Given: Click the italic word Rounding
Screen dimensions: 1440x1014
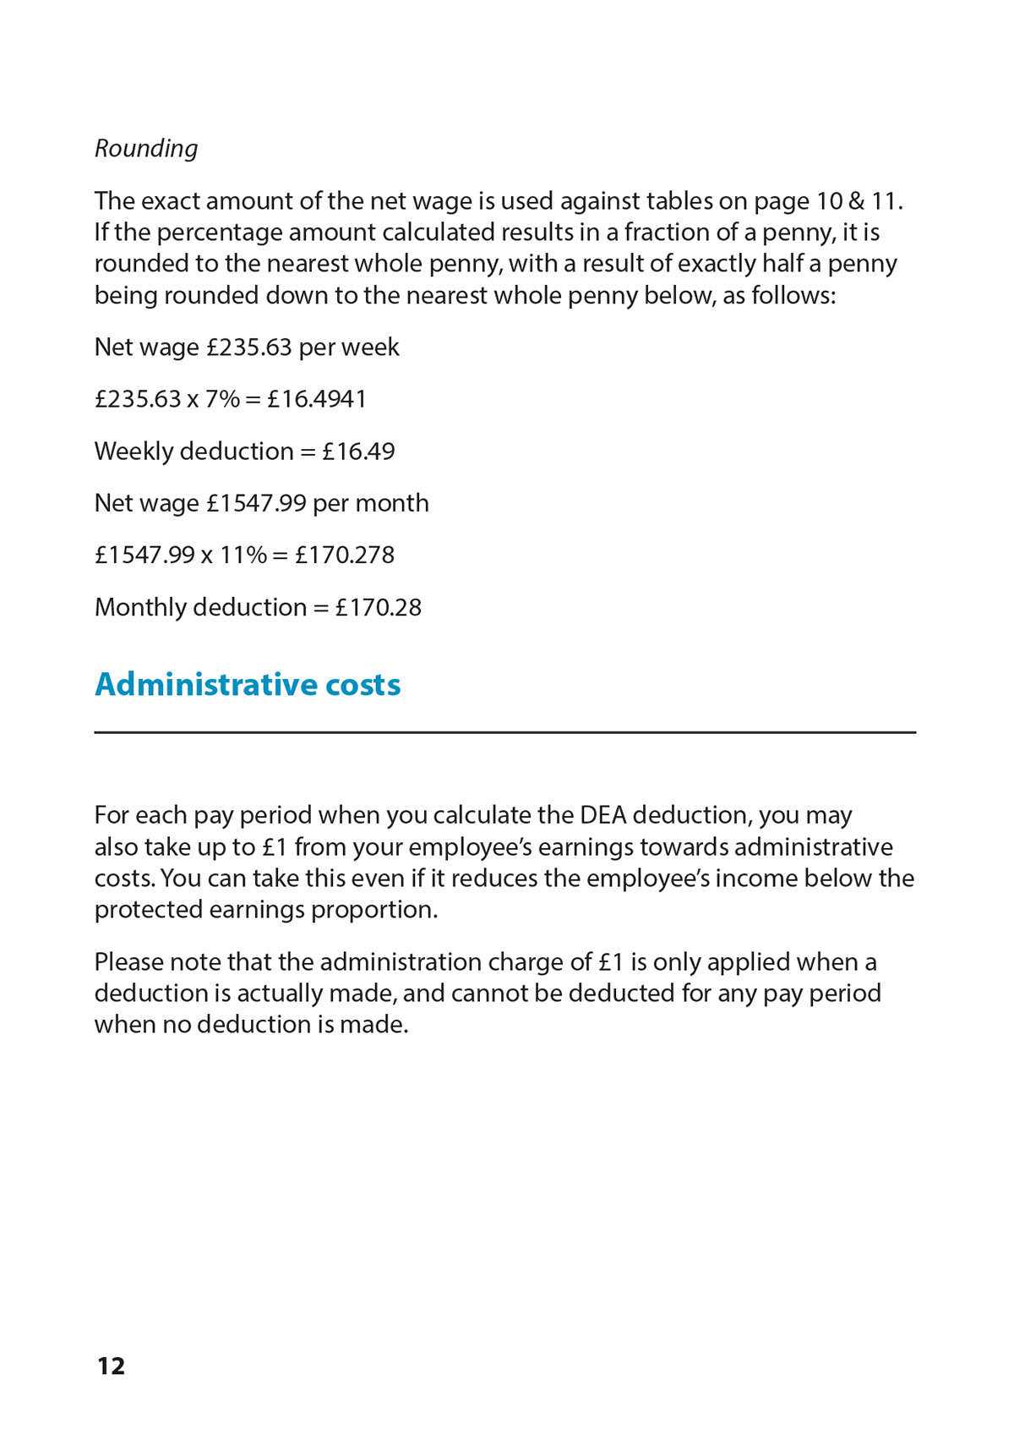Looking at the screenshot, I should (146, 149).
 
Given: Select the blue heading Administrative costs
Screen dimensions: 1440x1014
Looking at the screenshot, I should (248, 684).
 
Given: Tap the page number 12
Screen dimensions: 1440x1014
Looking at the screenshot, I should (111, 1366).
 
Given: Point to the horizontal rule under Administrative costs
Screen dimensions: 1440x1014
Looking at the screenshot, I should (504, 732).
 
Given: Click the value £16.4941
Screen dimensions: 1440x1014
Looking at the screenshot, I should (317, 398).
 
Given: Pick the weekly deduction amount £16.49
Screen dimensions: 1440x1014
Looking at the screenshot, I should (358, 451).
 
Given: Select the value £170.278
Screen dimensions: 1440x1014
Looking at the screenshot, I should (345, 555).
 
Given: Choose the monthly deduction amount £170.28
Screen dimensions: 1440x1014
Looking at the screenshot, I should (378, 607).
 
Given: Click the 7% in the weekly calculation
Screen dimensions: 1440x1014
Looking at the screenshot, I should (222, 398).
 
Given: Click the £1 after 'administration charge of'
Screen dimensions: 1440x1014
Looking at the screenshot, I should (611, 962).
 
